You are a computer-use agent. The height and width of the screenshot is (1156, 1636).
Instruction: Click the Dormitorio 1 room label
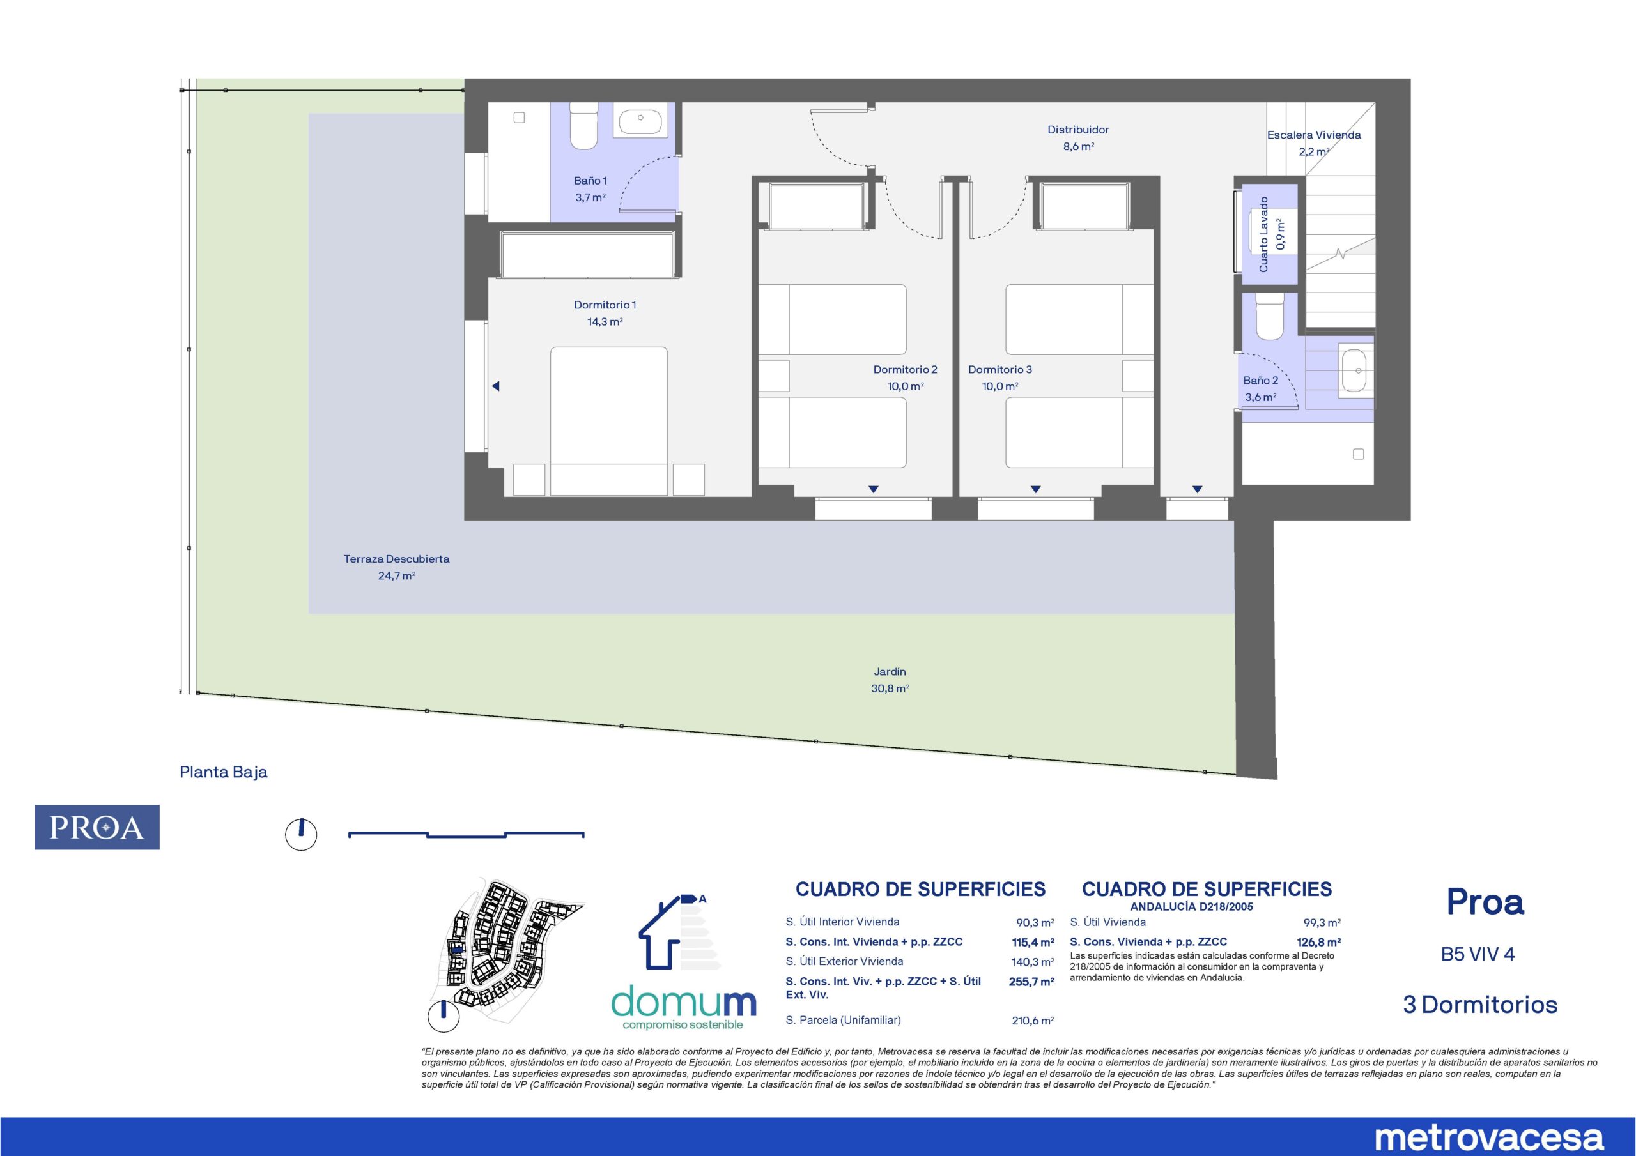605,305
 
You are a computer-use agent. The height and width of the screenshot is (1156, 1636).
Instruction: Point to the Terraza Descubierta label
396,559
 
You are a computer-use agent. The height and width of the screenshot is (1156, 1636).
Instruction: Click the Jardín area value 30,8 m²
890,688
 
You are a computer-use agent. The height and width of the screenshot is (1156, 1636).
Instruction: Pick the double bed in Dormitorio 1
608,421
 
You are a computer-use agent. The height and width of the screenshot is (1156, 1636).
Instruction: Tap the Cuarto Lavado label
1264,234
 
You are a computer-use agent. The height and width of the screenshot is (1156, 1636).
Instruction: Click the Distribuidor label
1078,130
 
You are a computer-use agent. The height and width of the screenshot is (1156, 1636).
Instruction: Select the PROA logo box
97,827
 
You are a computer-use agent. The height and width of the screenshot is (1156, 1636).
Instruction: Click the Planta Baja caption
224,772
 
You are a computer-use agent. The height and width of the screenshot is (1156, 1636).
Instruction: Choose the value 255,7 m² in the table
1031,982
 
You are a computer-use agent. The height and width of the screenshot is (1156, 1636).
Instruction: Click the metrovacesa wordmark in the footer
1488,1137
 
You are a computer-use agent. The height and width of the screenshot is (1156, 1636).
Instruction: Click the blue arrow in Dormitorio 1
496,386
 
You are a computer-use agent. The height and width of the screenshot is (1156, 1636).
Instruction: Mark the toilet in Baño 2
1269,317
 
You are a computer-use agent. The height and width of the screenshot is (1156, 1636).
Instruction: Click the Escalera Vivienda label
1314,135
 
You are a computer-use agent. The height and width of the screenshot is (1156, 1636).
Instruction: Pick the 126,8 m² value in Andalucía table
1319,942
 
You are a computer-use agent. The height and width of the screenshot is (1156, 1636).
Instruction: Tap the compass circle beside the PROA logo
301,834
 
